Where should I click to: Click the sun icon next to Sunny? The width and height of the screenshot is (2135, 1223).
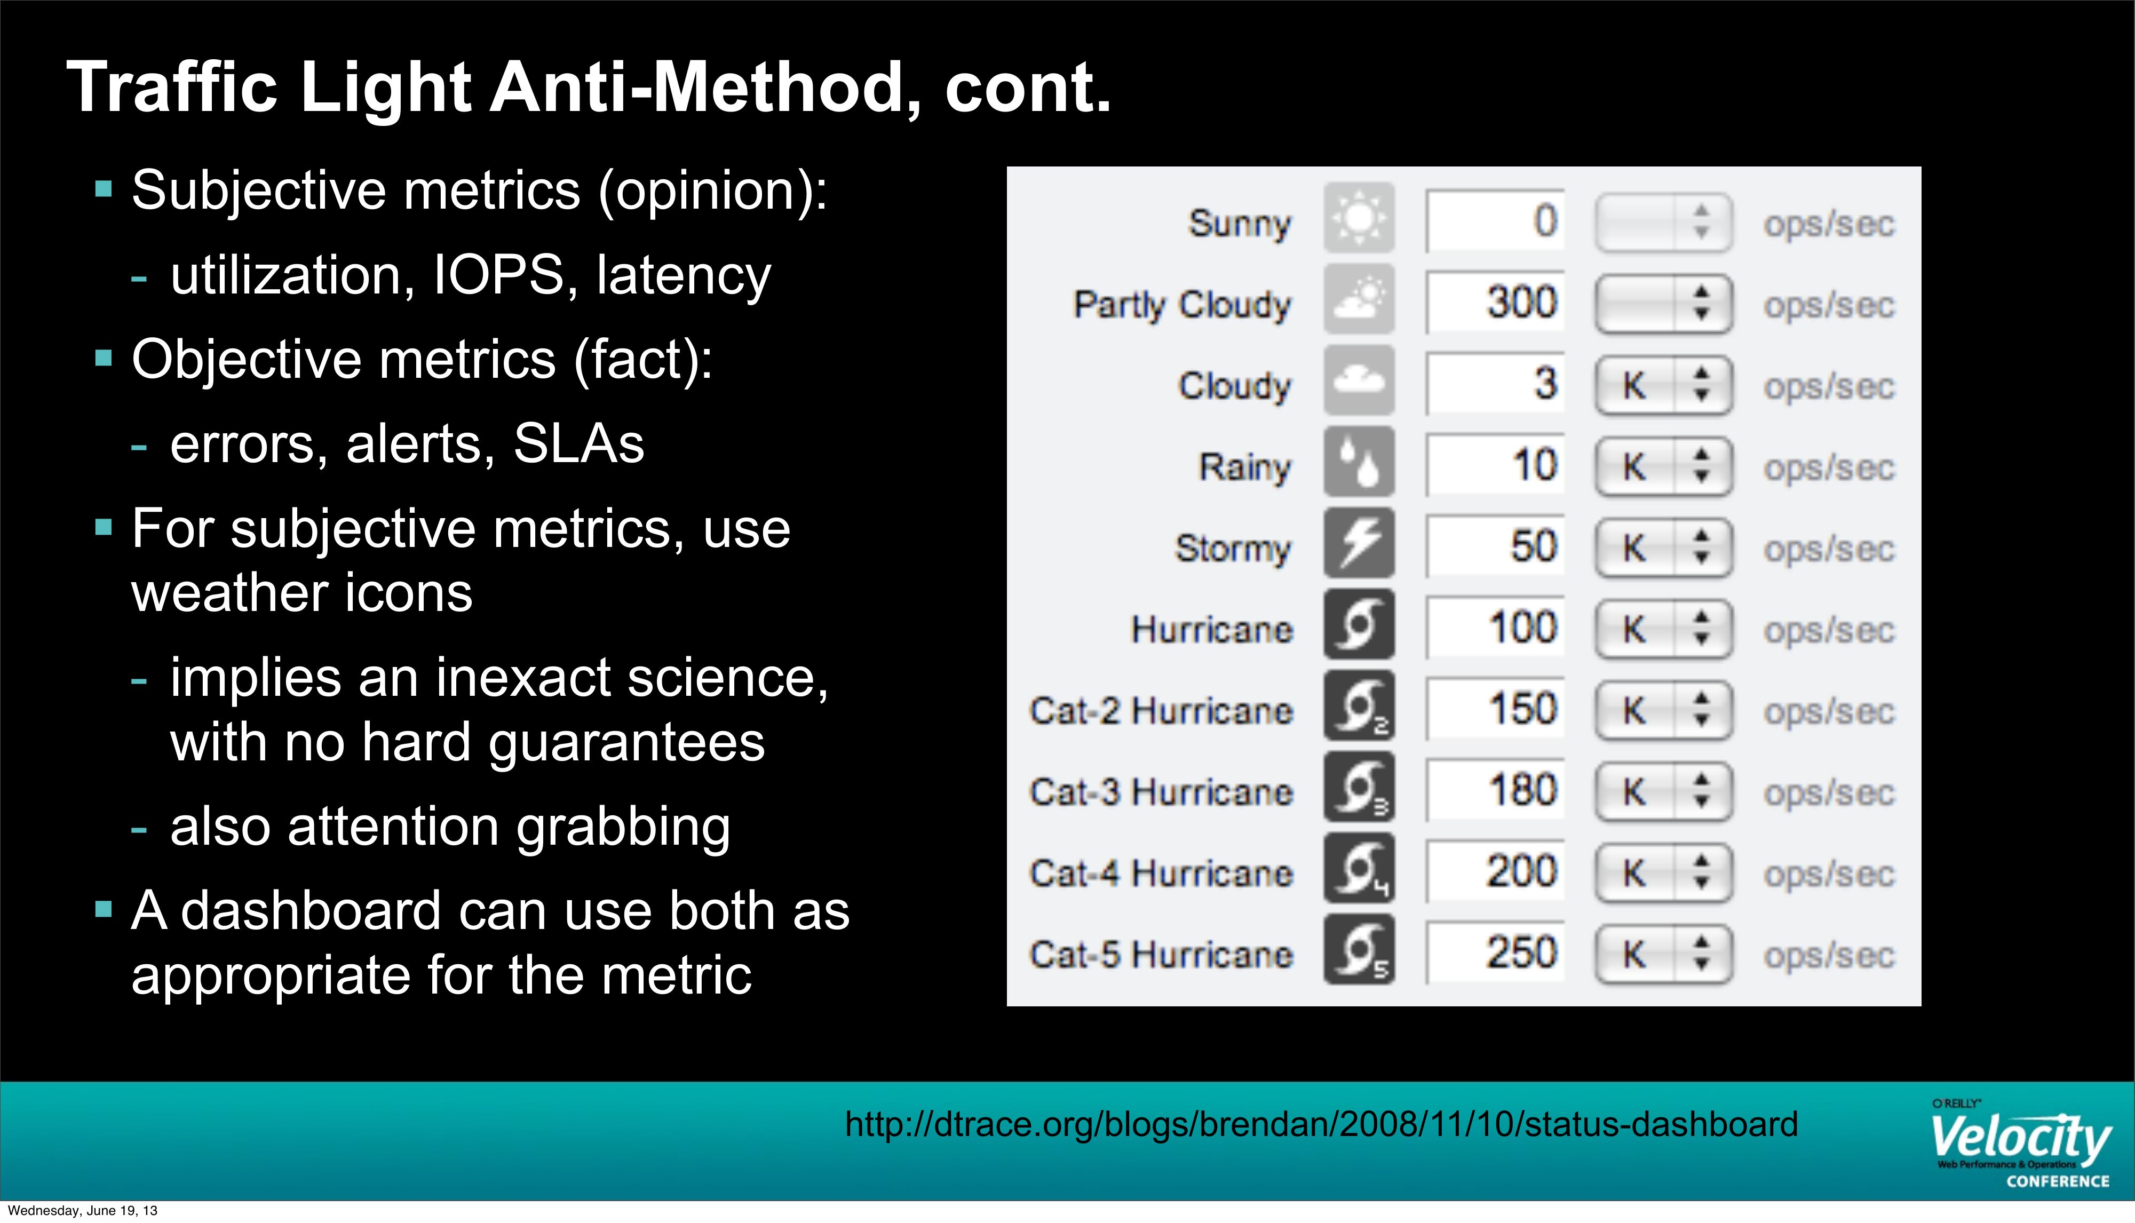(1359, 218)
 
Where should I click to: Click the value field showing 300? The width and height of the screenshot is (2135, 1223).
(1495, 301)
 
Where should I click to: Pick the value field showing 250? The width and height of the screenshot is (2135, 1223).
(1495, 952)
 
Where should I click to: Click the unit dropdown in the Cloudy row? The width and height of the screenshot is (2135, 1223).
(1663, 386)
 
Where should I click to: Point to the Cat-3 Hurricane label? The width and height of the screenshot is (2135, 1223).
(1162, 792)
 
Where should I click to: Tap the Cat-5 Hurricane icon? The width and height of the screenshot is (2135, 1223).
(1359, 950)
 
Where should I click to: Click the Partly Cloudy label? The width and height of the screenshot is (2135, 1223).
(1182, 305)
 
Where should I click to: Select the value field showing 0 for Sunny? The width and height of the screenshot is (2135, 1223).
(1495, 220)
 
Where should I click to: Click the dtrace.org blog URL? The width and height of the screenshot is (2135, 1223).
(1321, 1124)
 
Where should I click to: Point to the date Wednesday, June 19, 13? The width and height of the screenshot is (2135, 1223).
(82, 1210)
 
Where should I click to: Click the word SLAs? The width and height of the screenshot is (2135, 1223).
(578, 443)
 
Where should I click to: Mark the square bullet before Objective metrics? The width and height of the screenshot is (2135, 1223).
(104, 359)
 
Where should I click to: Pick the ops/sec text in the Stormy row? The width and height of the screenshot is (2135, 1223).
(1829, 550)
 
